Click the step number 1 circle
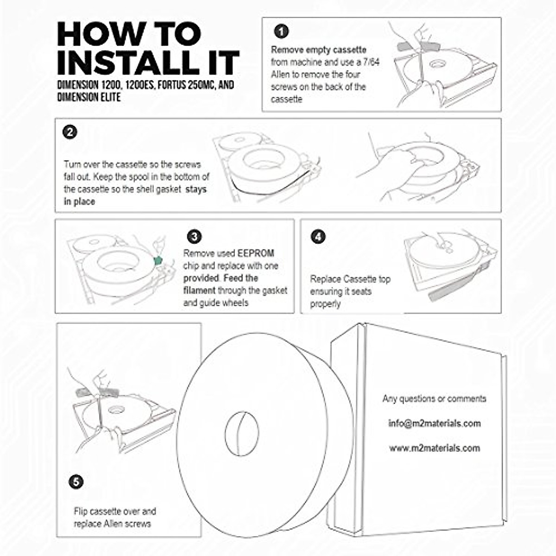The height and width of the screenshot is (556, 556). (282, 32)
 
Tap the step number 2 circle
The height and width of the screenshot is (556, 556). (69, 133)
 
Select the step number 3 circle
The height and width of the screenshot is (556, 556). (195, 237)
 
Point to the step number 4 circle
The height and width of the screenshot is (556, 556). (318, 237)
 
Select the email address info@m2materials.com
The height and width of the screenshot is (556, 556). (434, 423)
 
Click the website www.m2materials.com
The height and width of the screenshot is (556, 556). (434, 448)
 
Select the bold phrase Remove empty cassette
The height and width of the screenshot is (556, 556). (318, 50)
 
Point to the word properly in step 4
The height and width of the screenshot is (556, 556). (325, 304)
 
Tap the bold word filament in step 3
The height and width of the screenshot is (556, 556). (199, 291)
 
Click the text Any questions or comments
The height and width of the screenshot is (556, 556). (434, 398)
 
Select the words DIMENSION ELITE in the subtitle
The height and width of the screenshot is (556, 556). (89, 97)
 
